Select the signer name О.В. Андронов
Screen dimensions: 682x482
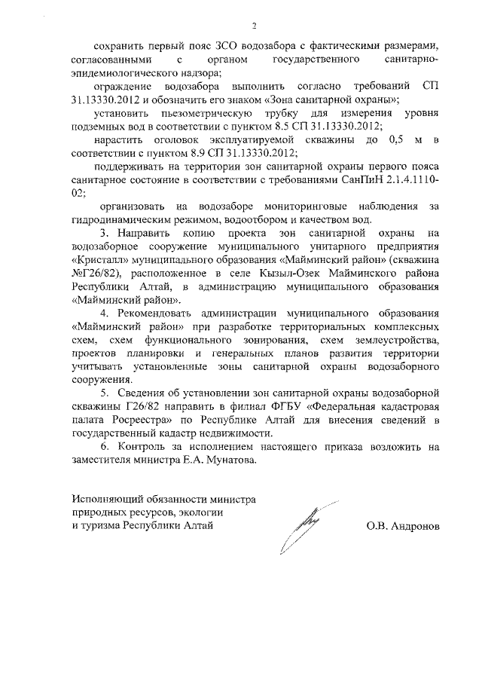tap(402, 526)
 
